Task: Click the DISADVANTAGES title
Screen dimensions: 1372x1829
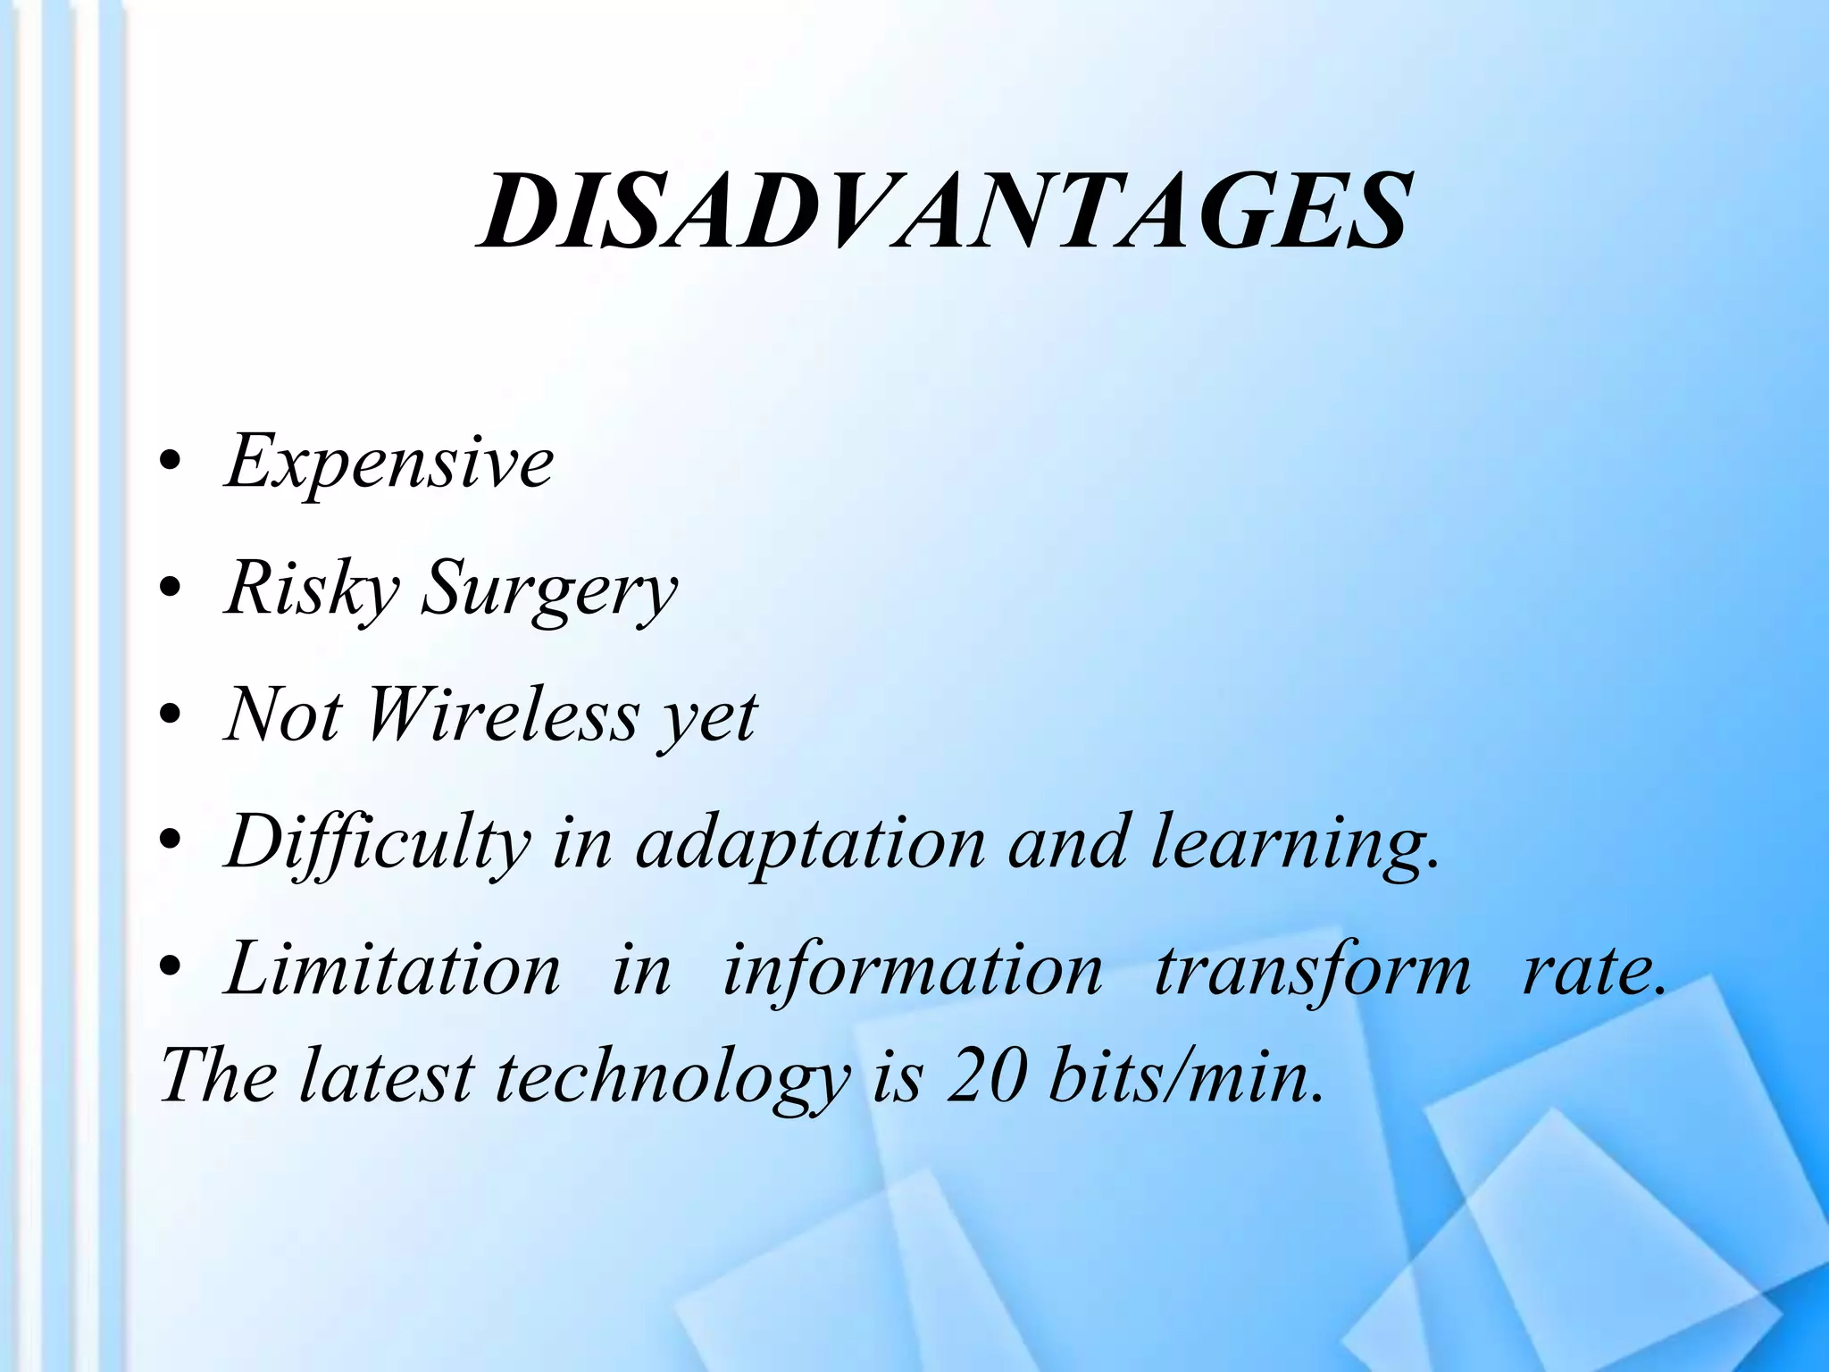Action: point(944,213)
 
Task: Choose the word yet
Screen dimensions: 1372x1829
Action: point(707,720)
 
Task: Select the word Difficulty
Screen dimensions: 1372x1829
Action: point(377,843)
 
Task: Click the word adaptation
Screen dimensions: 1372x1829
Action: point(810,845)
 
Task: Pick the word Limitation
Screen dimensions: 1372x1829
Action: point(393,970)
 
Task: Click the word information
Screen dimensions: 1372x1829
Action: point(912,972)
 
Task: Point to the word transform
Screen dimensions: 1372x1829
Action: point(1312,972)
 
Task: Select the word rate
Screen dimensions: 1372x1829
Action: point(1592,972)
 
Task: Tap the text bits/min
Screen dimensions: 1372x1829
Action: point(1185,1076)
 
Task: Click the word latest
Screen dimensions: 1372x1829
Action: point(386,1076)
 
